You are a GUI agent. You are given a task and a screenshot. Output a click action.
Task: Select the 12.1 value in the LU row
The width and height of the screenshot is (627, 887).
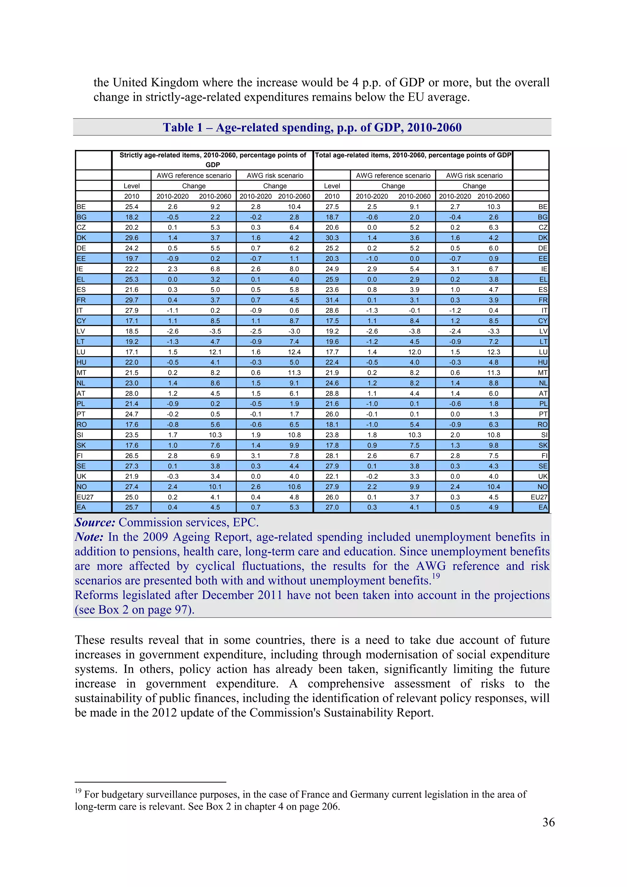coord(215,352)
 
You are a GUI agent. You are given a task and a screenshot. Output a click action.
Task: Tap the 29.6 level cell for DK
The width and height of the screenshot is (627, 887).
coord(131,238)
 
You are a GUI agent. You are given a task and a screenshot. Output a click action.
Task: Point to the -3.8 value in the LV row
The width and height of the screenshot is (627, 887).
coord(414,331)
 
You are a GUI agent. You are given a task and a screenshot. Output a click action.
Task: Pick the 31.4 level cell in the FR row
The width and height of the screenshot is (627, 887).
coord(332,300)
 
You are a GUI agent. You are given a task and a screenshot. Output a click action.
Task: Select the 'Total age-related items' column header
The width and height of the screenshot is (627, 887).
coord(413,155)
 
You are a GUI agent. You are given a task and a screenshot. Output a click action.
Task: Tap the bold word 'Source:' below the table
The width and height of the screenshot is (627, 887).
coord(95,522)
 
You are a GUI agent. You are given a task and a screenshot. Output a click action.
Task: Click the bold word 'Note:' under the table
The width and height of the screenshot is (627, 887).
coord(89,537)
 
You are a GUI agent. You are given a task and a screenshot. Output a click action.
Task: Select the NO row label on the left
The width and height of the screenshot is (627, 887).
coord(82,487)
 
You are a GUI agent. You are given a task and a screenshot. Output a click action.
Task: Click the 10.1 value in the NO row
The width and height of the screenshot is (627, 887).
coord(215,487)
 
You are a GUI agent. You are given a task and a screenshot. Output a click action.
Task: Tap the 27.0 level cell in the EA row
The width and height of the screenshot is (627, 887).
coord(332,508)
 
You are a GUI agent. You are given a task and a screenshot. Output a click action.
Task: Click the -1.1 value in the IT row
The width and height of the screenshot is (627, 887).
coord(172,310)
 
